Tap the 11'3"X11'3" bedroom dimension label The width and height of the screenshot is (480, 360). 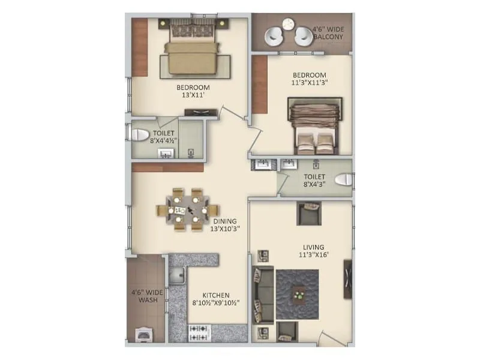click(309, 83)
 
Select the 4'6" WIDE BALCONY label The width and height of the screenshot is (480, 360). click(328, 32)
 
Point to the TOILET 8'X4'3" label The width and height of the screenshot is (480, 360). click(314, 181)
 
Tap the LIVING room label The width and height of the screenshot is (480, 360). click(313, 247)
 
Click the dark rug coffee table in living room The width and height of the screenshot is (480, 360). click(298, 295)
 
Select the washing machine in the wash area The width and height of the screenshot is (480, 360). click(145, 334)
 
